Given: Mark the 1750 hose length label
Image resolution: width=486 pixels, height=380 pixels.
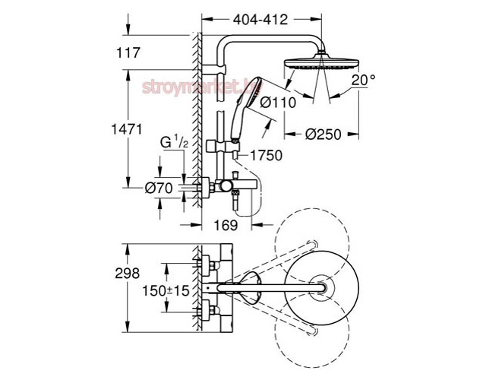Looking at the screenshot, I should point(267,155).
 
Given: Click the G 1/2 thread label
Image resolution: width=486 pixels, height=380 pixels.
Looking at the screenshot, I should point(172,142).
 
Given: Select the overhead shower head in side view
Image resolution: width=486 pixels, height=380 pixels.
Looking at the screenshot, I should point(314,64).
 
